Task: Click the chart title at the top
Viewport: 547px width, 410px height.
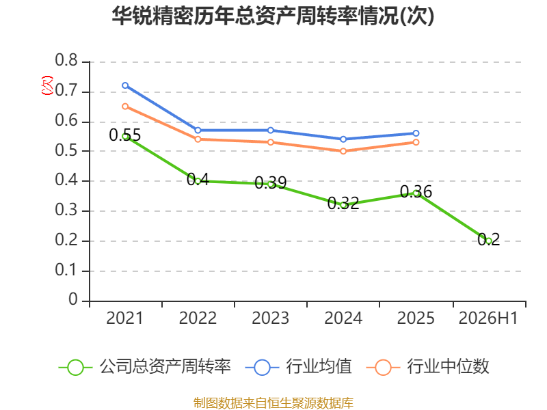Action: pos(273,16)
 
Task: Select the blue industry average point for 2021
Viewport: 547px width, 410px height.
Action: pos(125,85)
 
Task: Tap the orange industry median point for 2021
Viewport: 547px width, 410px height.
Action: pos(125,107)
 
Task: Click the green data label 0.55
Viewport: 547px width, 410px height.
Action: pos(125,135)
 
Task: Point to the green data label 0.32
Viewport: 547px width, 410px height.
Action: pos(343,203)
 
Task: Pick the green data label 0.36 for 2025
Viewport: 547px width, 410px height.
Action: pos(416,191)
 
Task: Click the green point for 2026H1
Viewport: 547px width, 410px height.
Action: pos(489,241)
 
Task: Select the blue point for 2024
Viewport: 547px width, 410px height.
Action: pos(343,139)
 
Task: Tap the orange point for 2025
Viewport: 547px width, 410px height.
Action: pos(416,142)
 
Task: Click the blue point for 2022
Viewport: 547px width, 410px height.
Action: pos(198,130)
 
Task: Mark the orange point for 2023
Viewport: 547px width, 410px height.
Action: pos(271,142)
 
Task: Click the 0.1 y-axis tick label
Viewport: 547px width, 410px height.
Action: pos(66,270)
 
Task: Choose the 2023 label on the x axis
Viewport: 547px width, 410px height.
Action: pos(271,318)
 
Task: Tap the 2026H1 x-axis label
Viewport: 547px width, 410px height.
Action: pos(488,318)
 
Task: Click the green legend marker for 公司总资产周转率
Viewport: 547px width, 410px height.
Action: pos(75,368)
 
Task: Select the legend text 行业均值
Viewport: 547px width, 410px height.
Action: pos(319,367)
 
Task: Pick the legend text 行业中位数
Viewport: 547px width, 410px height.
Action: pos(449,367)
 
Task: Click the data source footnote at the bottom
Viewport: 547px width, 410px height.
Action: pos(273,403)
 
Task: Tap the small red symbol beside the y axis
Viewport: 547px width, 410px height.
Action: pos(47,85)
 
